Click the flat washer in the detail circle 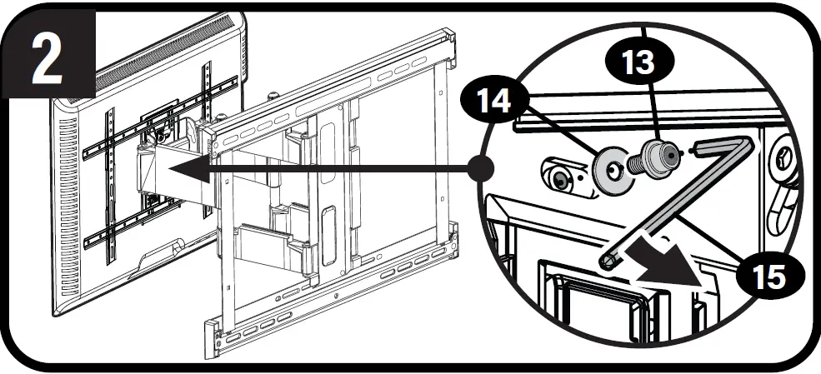(x=612, y=170)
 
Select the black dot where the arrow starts (x=481, y=167)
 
